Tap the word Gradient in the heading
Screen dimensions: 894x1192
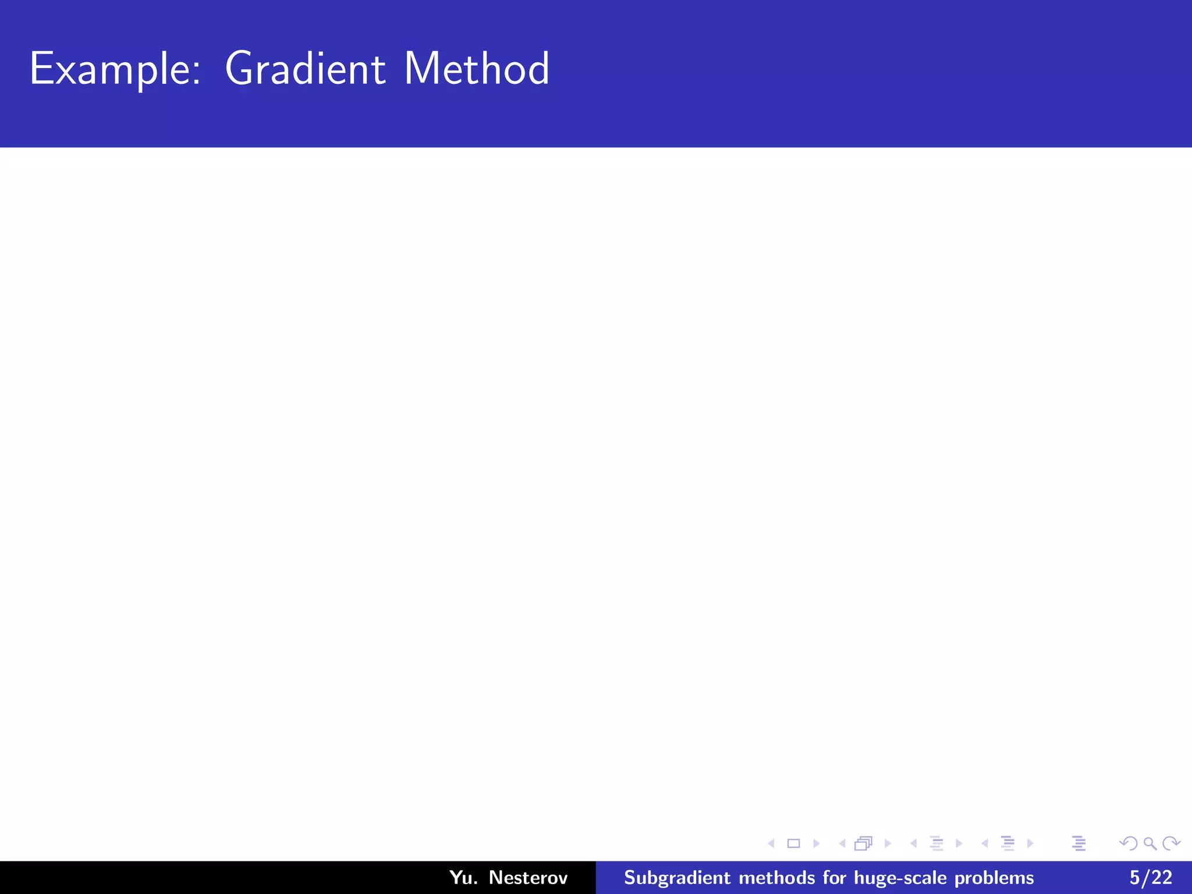coord(304,69)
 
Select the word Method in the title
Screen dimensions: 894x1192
coord(476,69)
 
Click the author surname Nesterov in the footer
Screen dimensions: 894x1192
coord(528,877)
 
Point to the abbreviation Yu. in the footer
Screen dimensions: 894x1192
coord(463,877)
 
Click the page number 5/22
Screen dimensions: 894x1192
coord(1151,877)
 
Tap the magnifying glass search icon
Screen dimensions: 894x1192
coord(1150,843)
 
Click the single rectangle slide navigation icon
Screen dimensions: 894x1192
coord(793,843)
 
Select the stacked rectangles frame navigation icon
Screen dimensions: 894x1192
coord(863,843)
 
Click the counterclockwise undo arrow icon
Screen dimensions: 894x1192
coord(1129,843)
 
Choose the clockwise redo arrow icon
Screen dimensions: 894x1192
coord(1171,843)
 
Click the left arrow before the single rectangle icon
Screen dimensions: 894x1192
coord(771,843)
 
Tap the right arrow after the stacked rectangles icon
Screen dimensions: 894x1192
coord(888,843)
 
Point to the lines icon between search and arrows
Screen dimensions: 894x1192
coord(1079,843)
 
